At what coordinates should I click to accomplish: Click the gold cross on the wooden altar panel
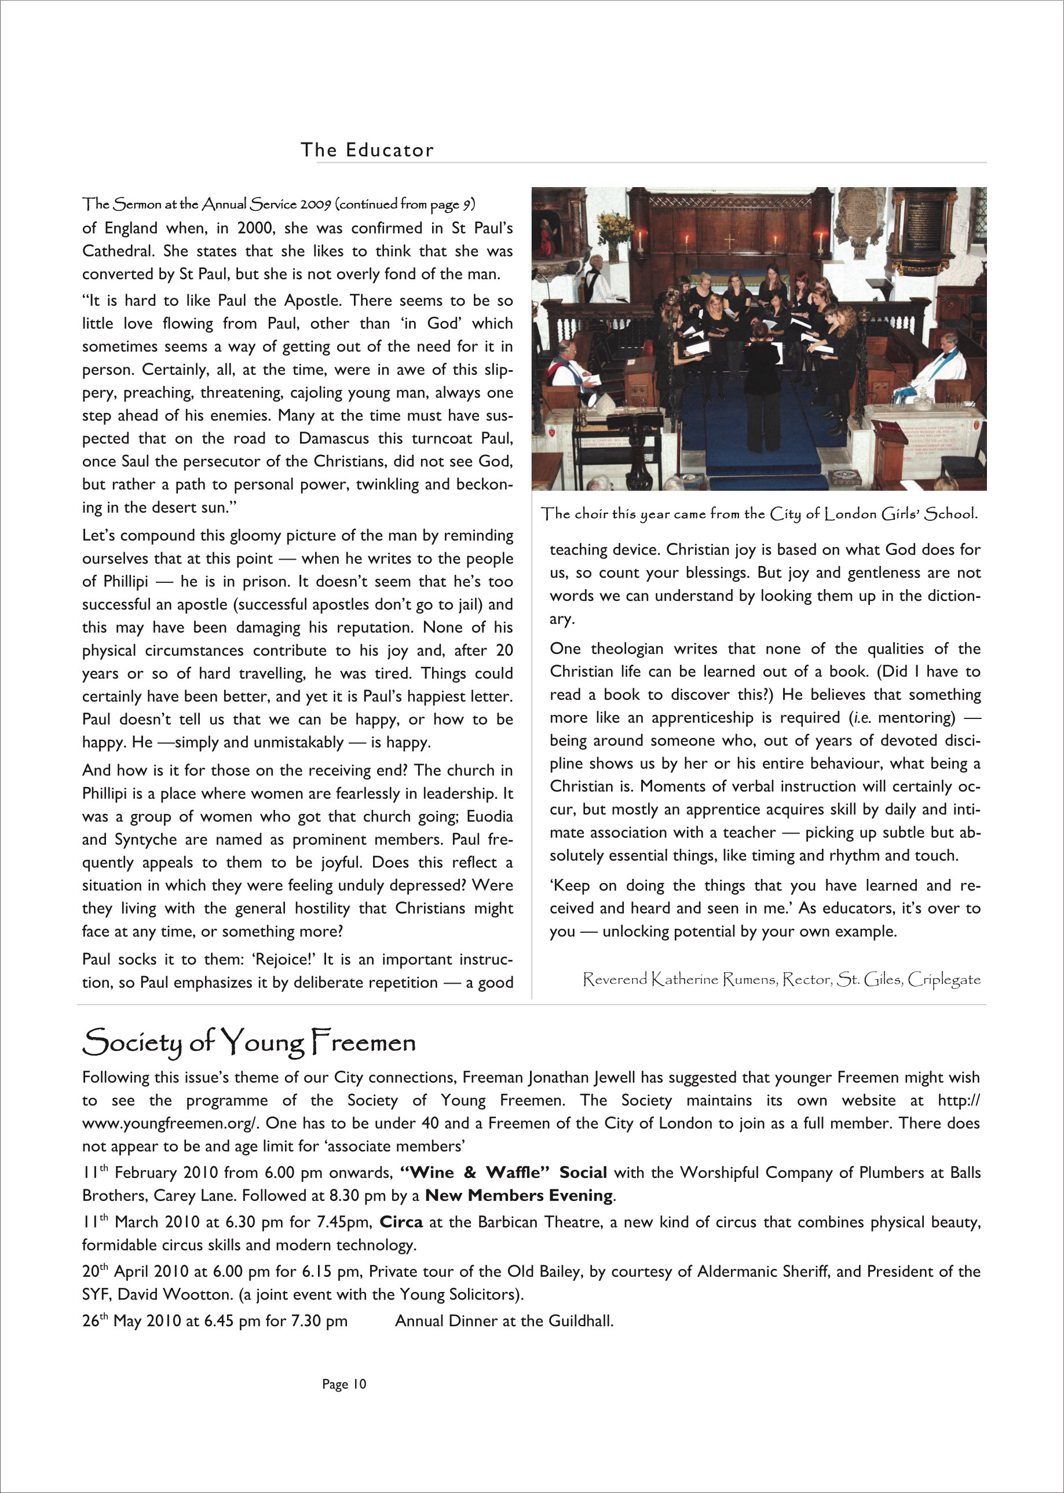(x=729, y=240)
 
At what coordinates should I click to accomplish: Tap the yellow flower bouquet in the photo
(x=615, y=228)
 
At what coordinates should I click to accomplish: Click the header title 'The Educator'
(x=367, y=150)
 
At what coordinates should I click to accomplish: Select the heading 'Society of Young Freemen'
(x=249, y=1042)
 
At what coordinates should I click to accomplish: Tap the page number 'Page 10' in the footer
(x=344, y=1384)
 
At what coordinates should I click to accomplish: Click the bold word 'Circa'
(x=401, y=1222)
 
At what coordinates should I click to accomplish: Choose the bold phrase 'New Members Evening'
(x=519, y=1196)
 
